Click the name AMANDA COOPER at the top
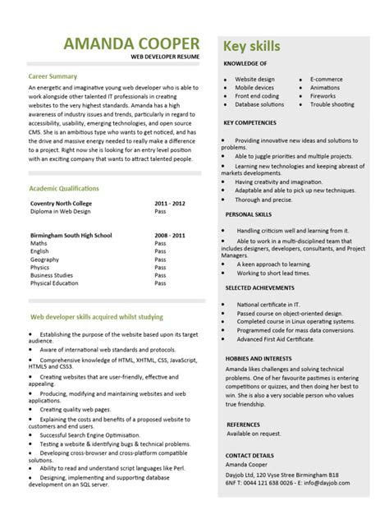130,44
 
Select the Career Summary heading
54,76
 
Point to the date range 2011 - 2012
171,202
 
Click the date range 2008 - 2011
171,234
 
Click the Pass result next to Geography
161,258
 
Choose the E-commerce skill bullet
326,80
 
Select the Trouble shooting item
332,104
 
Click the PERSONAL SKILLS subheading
249,214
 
